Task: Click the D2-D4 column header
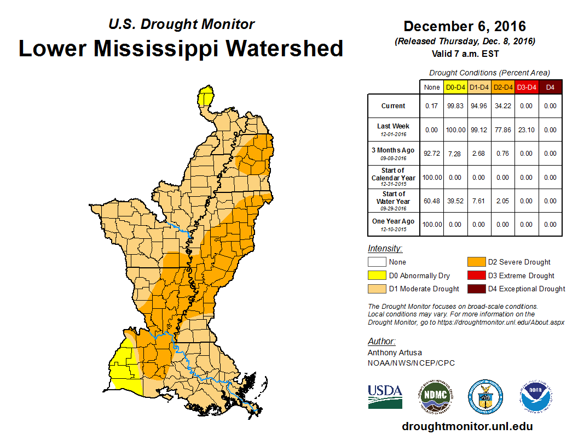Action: (502, 87)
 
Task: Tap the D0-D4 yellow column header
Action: (455, 87)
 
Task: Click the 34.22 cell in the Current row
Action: (502, 106)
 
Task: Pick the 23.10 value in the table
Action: (526, 130)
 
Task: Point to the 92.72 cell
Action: (432, 154)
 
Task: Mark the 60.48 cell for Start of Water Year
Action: (432, 201)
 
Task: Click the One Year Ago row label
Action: (394, 224)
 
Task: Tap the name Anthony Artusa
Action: (395, 353)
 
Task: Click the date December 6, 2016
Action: (465, 26)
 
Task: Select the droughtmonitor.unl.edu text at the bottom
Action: (467, 426)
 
